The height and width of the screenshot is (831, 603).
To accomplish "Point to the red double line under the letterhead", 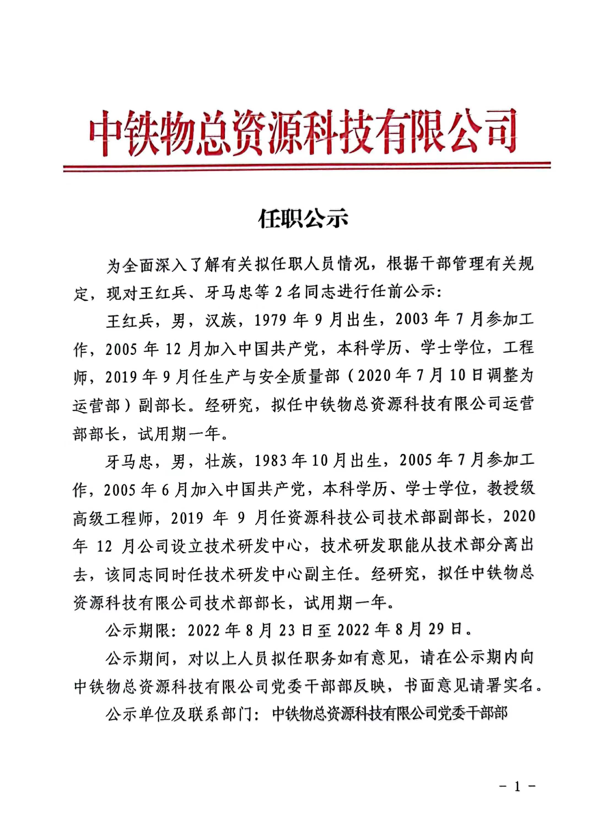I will (306, 167).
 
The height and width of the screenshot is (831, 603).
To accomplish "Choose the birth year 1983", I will (270, 461).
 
